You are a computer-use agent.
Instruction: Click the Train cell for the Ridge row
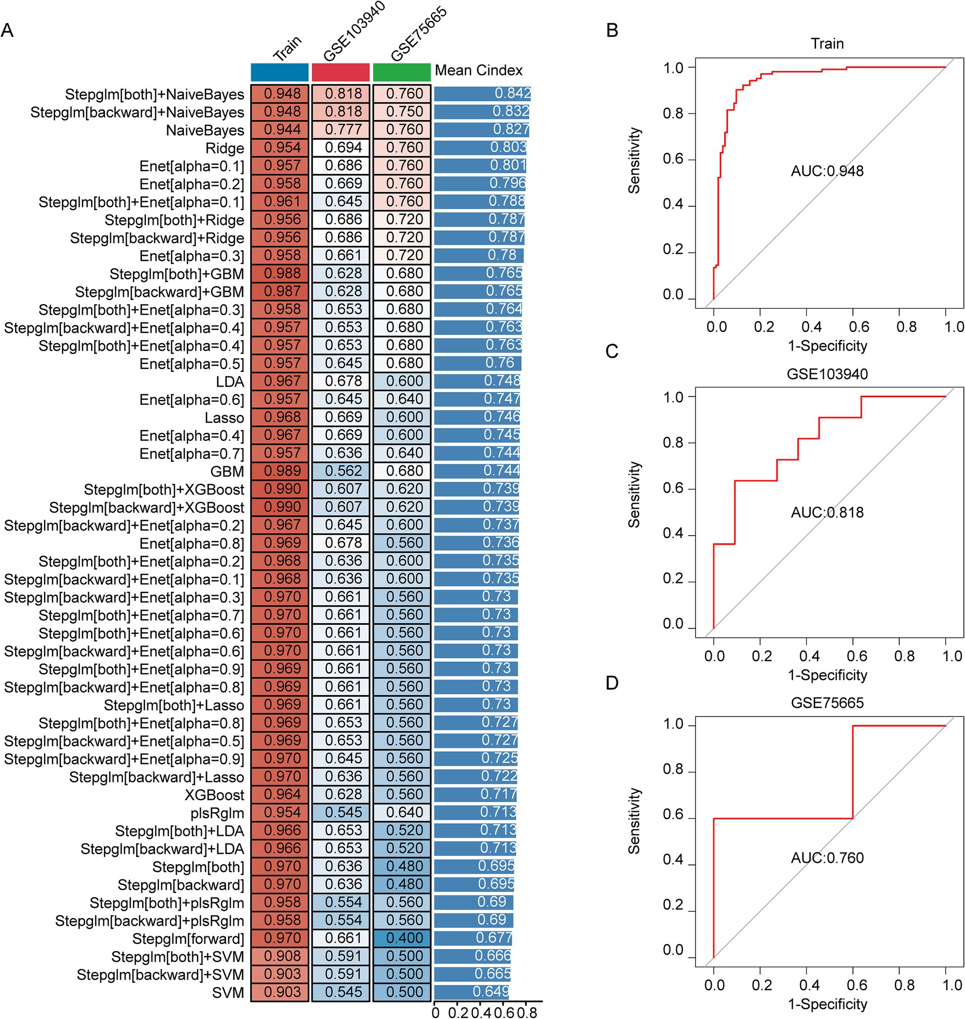[280, 147]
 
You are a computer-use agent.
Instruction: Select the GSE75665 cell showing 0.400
[402, 938]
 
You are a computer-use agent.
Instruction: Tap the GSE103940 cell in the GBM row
[340, 471]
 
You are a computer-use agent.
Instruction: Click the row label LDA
[230, 382]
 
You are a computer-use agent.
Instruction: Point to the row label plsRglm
[217, 813]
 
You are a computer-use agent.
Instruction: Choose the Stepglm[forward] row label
[188, 939]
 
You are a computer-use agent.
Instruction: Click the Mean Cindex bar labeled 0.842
[482, 94]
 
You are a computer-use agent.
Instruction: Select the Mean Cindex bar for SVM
[471, 992]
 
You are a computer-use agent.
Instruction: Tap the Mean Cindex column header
[478, 70]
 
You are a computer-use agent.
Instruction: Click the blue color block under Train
[280, 72]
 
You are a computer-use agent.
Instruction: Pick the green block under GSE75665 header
[402, 72]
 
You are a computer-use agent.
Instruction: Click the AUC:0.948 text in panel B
[827, 171]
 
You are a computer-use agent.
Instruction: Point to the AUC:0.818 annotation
[827, 513]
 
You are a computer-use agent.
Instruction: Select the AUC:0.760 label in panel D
[827, 858]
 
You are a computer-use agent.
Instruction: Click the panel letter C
[612, 352]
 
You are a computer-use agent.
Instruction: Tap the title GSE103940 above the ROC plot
[827, 373]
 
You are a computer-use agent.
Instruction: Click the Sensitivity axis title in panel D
[634, 821]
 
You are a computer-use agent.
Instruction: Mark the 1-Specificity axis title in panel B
[827, 346]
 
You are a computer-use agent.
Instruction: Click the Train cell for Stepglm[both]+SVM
[280, 956]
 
